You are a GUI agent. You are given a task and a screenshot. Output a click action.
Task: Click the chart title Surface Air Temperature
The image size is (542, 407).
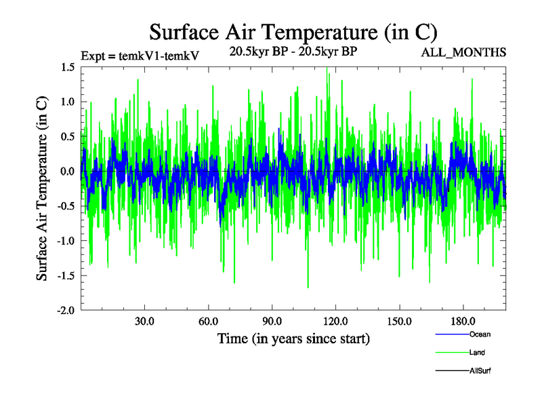293,33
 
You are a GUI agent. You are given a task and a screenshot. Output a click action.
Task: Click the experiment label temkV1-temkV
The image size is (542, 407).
140,56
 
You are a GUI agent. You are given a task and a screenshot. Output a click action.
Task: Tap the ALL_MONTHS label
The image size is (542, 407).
464,52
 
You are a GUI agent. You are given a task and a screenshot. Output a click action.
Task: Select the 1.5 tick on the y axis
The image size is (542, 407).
67,66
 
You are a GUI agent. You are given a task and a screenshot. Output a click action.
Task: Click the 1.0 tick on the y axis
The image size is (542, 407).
67,102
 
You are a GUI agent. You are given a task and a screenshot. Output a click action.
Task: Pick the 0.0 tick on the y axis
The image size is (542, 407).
67,171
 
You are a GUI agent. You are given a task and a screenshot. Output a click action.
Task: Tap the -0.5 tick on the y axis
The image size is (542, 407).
66,206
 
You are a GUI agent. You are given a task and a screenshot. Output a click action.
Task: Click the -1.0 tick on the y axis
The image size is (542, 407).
66,241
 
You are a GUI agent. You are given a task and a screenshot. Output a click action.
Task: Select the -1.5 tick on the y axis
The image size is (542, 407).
66,275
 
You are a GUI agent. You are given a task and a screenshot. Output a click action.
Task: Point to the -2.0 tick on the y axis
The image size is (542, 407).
66,310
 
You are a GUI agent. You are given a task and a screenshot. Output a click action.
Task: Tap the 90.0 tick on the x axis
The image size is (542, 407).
272,321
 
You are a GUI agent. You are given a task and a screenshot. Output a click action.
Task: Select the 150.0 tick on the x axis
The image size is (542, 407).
398,321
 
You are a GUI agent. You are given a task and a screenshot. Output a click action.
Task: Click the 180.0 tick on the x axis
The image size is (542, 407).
462,321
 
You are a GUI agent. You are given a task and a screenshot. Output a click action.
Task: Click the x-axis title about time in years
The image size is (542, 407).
293,338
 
